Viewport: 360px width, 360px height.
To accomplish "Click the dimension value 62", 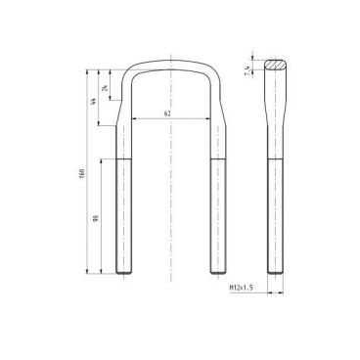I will (x=168, y=114).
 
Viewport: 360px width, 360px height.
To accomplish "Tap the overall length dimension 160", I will (x=83, y=174).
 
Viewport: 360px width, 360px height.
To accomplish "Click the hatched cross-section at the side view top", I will (x=276, y=64).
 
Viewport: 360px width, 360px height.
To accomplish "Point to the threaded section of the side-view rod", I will (x=276, y=215).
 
